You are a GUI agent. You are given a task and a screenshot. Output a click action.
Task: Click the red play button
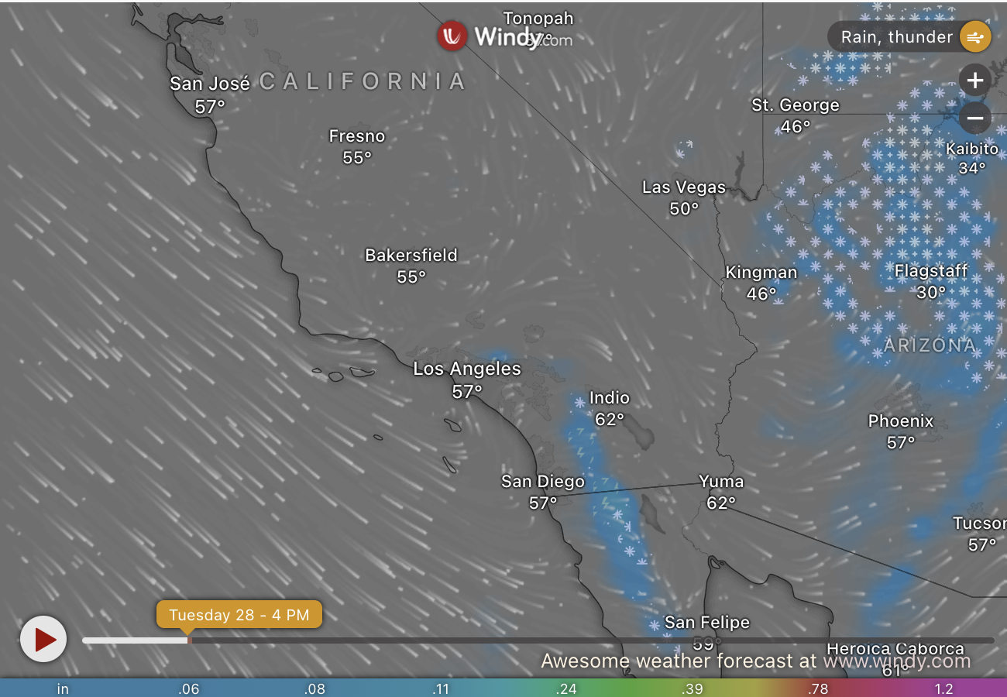[43, 639]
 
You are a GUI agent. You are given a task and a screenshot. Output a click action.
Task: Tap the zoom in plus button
[974, 81]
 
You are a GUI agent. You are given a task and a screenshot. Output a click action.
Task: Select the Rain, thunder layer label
[896, 36]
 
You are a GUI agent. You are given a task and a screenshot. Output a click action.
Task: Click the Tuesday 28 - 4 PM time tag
[239, 616]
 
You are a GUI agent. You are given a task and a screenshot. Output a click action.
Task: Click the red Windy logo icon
[452, 36]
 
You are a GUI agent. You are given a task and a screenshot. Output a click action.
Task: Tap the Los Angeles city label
[467, 369]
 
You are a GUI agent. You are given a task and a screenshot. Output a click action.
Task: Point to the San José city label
[210, 84]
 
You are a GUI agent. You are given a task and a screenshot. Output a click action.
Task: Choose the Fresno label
[357, 136]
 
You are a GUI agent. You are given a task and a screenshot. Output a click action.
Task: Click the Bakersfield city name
[411, 255]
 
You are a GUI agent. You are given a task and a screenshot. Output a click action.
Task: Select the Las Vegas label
[684, 187]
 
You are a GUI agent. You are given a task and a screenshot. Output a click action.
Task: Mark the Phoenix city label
[901, 421]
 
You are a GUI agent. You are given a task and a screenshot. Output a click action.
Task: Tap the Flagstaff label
[931, 271]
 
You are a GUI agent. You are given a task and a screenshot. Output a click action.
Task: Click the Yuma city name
[721, 482]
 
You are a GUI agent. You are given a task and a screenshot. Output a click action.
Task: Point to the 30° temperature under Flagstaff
[931, 293]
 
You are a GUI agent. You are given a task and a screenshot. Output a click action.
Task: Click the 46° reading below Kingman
[761, 294]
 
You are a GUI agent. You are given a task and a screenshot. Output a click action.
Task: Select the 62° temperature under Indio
[610, 420]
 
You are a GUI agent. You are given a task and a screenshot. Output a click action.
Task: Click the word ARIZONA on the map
[930, 345]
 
